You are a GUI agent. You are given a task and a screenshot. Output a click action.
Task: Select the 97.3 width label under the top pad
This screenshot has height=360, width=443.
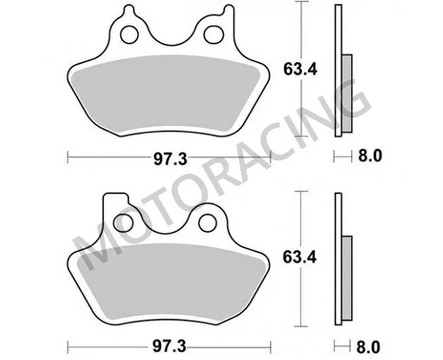pyautogui.click(x=170, y=159)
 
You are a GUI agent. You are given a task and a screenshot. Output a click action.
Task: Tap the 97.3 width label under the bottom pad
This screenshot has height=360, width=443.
pyautogui.click(x=170, y=347)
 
